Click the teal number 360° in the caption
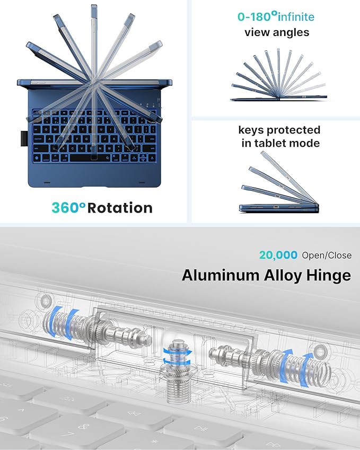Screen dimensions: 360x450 (68, 207)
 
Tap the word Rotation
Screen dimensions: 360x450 (120, 208)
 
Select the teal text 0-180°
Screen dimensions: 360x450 (257, 16)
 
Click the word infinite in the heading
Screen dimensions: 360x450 (296, 16)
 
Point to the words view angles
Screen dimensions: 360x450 (277, 32)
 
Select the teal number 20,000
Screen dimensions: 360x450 (278, 255)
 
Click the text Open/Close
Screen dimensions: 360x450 (327, 255)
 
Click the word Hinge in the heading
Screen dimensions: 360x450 (329, 276)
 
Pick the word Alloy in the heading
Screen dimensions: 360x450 (283, 276)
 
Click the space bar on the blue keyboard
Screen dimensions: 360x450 (89, 157)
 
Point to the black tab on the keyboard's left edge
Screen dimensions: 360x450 (24, 139)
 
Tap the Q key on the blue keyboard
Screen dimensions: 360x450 (46, 130)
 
